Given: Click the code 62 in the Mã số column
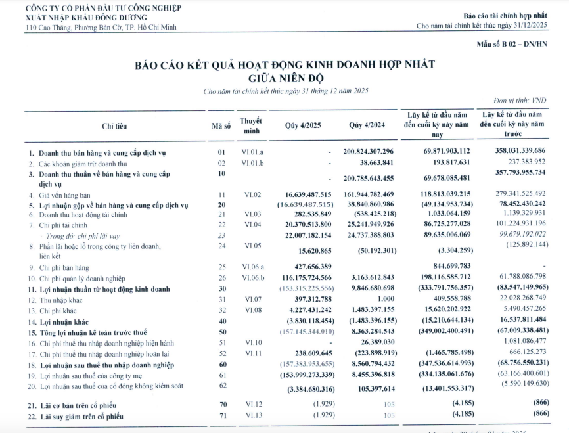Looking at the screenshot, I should click(x=222, y=386).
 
